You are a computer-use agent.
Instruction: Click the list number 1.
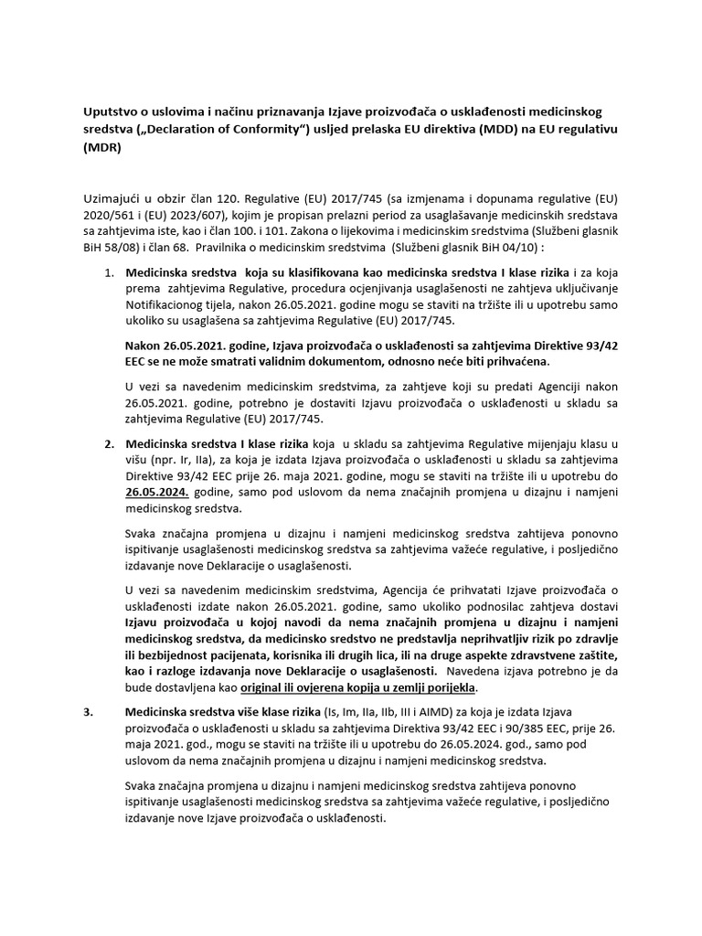click(106, 272)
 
